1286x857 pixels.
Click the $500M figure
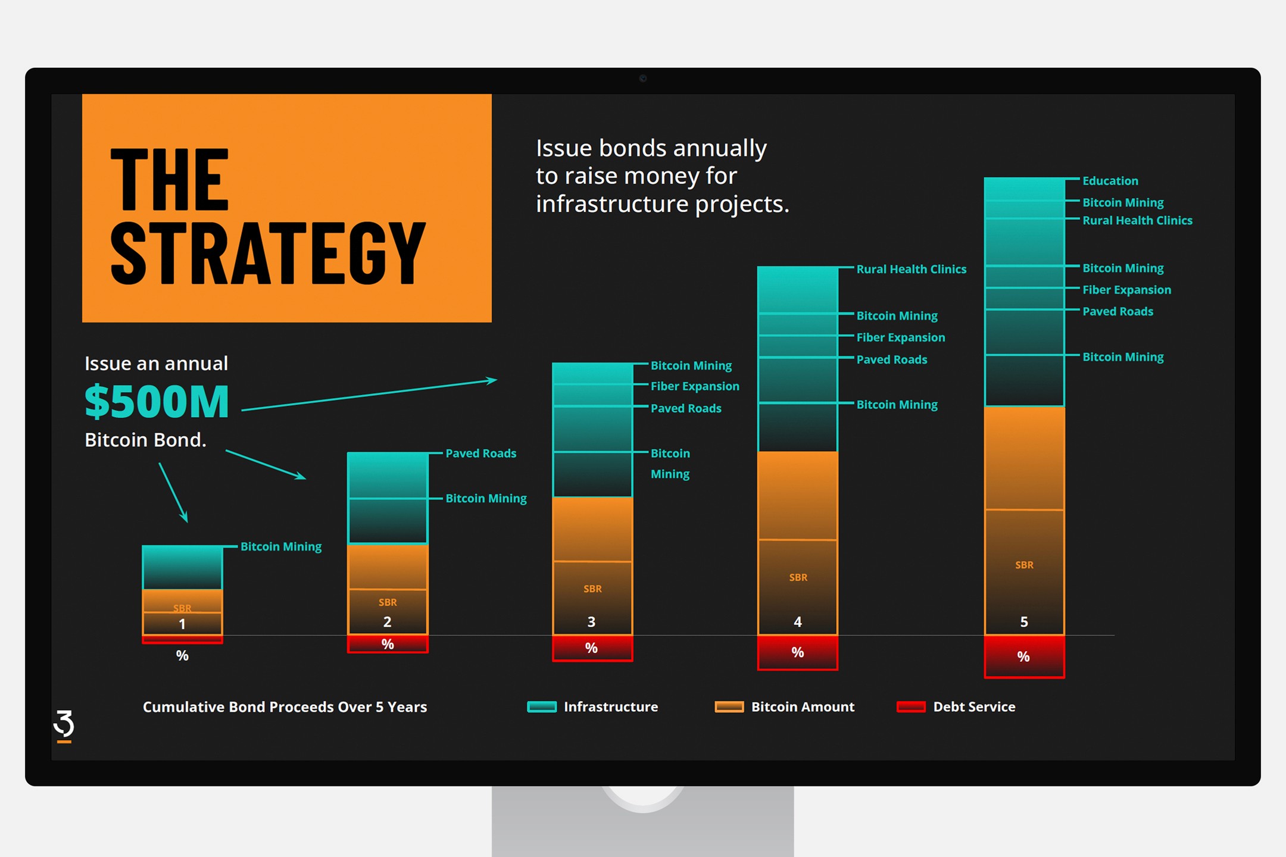click(157, 402)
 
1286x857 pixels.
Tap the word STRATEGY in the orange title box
click(268, 254)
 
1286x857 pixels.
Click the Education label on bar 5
click(1110, 181)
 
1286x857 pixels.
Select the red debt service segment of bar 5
click(1024, 656)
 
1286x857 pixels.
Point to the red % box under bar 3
click(592, 648)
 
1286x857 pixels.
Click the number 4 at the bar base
click(798, 622)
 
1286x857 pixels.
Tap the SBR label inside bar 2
click(388, 602)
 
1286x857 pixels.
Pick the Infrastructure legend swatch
click(542, 707)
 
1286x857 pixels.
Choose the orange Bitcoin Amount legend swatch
click(729, 707)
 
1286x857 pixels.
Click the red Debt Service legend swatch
click(911, 707)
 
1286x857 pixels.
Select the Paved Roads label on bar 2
click(481, 453)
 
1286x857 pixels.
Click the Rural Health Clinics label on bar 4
click(911, 269)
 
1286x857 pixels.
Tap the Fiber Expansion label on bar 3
click(695, 386)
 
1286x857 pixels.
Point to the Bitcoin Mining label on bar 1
click(281, 546)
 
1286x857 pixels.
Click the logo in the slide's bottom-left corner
click(64, 726)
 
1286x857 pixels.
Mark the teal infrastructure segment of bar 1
click(182, 568)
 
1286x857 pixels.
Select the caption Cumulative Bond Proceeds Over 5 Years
click(285, 707)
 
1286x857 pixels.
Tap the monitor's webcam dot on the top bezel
click(643, 78)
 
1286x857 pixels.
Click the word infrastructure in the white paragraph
click(612, 204)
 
